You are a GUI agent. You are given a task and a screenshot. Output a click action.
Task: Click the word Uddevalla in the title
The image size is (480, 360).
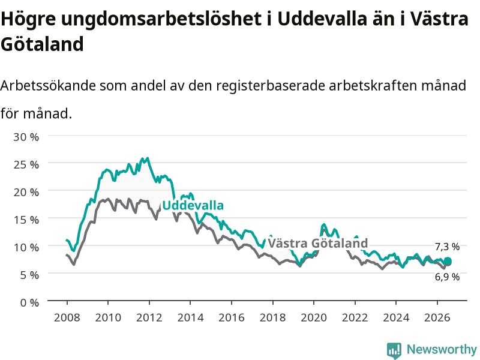(322, 19)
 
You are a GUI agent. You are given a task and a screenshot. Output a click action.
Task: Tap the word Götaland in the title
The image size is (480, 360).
(42, 44)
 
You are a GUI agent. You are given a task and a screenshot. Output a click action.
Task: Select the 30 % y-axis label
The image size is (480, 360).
(26, 137)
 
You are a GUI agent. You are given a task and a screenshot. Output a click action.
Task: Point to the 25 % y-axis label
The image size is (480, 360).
(26, 164)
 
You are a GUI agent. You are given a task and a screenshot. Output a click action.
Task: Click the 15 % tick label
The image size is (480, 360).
(26, 220)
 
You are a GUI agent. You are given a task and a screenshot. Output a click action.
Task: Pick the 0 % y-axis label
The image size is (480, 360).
(29, 303)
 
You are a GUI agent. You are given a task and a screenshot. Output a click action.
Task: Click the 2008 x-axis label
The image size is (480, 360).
(67, 317)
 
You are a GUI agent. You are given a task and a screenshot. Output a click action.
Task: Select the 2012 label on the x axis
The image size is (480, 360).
(149, 317)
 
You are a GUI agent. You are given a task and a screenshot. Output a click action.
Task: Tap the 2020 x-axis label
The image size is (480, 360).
(314, 317)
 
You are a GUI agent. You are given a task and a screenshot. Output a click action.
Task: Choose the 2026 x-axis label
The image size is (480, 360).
(437, 317)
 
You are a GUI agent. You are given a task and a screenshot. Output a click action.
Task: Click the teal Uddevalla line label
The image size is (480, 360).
(193, 205)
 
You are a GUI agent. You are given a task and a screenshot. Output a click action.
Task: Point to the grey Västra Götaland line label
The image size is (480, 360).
(318, 244)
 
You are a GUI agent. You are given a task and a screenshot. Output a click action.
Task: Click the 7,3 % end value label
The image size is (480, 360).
(447, 247)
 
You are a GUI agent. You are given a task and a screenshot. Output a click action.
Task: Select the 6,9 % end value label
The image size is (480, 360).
(447, 277)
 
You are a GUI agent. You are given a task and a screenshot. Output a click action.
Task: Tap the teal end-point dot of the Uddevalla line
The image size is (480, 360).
(448, 261)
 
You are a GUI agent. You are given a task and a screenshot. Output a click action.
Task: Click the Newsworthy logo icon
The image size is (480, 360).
(394, 350)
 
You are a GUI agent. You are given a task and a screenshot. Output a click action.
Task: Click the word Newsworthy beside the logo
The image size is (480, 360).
(442, 349)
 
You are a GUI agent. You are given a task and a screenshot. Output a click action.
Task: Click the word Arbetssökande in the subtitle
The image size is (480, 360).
(48, 85)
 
